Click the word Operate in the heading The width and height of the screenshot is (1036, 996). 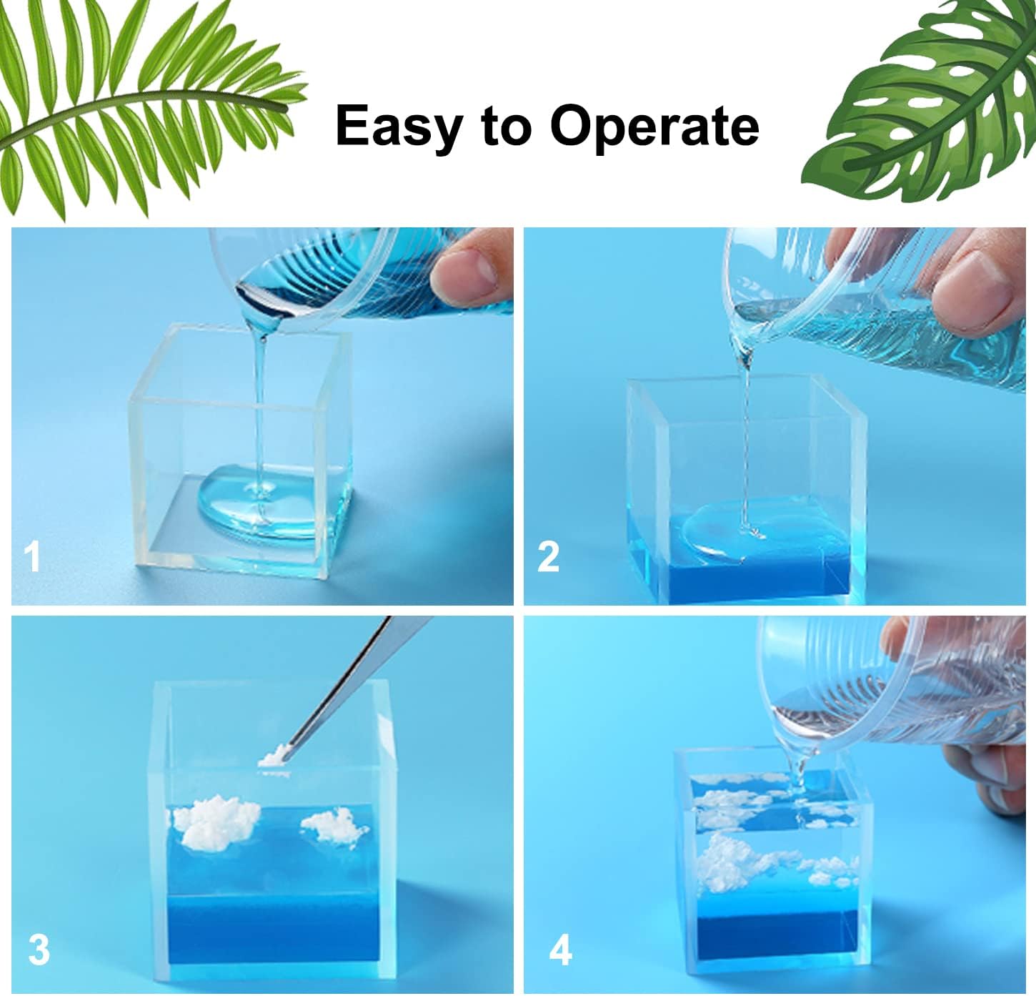(x=654, y=127)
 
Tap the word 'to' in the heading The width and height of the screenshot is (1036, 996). (x=507, y=127)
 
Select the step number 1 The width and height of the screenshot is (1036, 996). (x=32, y=556)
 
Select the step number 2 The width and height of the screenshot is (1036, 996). (x=548, y=556)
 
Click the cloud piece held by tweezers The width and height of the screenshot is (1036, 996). (x=274, y=757)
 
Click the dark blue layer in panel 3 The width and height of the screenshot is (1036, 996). (x=274, y=930)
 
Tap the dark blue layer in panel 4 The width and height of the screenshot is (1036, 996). (x=777, y=939)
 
